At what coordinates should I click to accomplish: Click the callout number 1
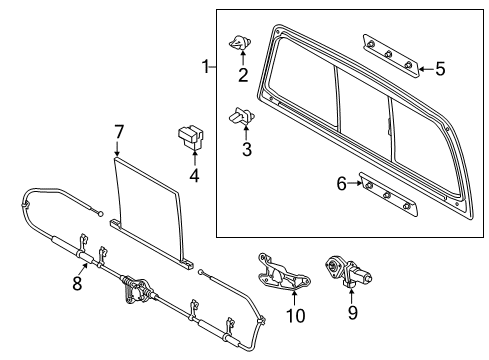206,68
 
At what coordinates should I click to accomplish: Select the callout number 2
243,74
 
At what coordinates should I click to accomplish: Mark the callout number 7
118,131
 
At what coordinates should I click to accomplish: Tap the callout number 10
294,317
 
